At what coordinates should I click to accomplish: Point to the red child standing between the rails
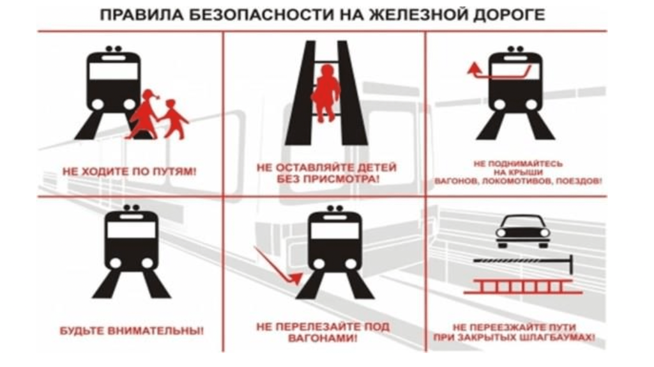point(326,93)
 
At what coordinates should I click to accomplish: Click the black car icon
point(522,231)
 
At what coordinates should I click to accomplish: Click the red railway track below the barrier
point(524,287)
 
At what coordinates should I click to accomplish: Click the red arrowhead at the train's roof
point(473,68)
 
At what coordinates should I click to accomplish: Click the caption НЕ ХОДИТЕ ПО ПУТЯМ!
point(129,171)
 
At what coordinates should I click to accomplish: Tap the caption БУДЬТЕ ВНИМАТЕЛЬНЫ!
point(132,331)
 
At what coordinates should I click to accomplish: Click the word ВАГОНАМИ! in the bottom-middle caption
point(323,338)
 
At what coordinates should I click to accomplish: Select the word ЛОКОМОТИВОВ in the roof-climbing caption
point(513,182)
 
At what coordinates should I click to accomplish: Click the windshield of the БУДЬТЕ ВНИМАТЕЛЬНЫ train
point(132,230)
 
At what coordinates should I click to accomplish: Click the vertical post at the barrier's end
point(571,264)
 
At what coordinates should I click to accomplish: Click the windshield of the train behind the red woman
point(114,71)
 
